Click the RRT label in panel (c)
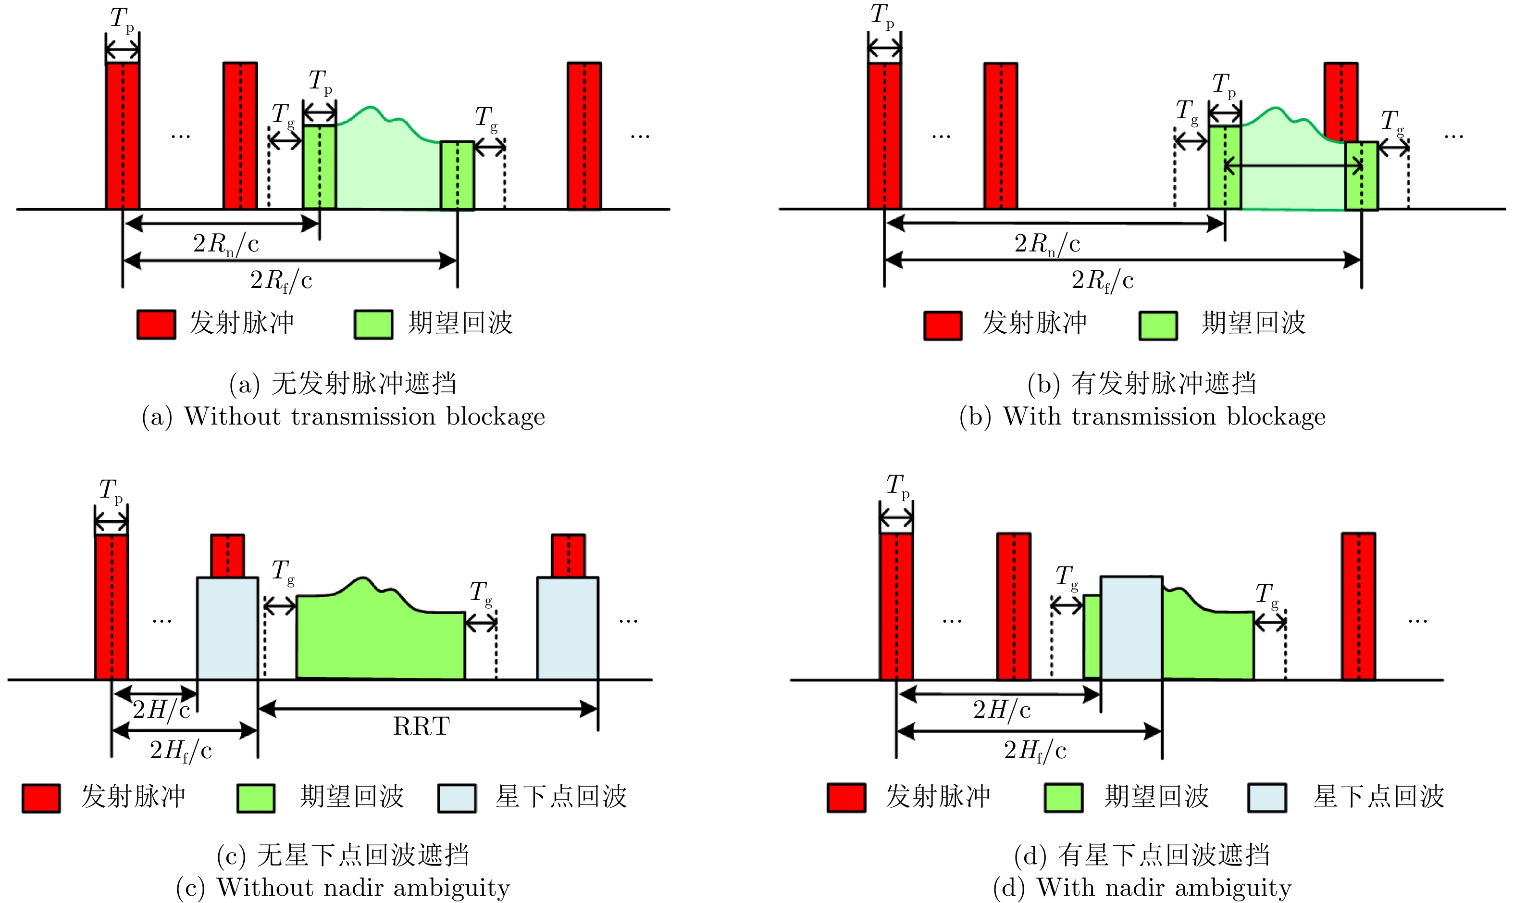(x=421, y=726)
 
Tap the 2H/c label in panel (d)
(x=1002, y=710)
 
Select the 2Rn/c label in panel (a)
(x=226, y=244)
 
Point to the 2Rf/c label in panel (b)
(x=1102, y=280)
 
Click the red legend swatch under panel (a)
(x=156, y=325)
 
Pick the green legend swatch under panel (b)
(x=1157, y=326)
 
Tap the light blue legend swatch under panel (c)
(x=456, y=798)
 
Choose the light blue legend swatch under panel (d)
(x=1266, y=798)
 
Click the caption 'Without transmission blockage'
(x=343, y=417)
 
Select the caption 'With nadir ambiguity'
(x=1142, y=888)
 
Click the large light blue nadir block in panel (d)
(x=1131, y=627)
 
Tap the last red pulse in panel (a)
(x=584, y=136)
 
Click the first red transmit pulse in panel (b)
(x=884, y=136)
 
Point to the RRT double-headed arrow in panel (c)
(x=428, y=708)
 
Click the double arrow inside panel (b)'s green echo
(x=1292, y=165)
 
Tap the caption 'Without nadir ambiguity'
(x=343, y=888)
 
